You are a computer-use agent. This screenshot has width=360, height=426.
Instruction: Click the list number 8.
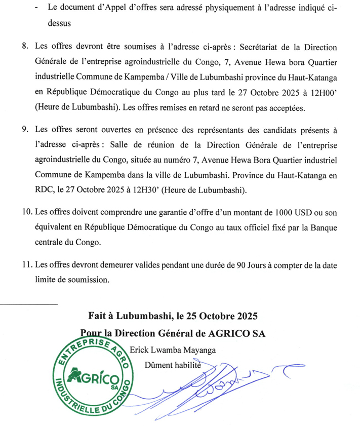[x=25, y=47]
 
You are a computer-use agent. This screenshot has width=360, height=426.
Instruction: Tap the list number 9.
[x=25, y=130]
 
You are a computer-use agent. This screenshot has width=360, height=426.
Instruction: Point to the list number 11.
[x=26, y=265]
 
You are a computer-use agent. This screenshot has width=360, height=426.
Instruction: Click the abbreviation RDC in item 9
[x=46, y=189]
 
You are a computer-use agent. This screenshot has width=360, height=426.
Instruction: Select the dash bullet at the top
[x=37, y=8]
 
